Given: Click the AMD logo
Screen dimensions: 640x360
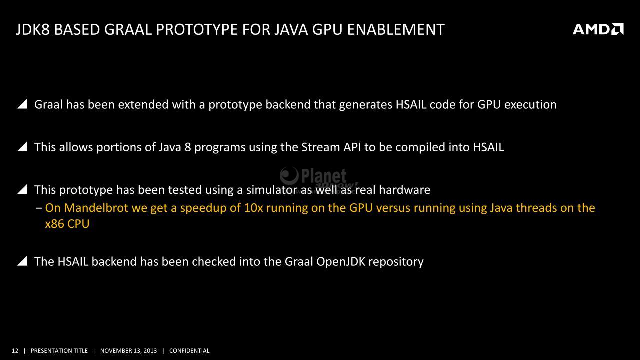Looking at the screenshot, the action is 598,29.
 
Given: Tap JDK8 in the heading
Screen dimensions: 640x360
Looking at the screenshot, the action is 33,29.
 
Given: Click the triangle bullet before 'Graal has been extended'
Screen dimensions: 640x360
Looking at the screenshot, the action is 22,104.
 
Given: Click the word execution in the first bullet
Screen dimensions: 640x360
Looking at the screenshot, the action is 530,104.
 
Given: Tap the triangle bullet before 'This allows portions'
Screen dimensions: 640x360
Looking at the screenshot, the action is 22,147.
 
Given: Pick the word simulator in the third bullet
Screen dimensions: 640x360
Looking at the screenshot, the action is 272,190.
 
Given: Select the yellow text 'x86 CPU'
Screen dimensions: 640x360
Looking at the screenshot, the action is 67,224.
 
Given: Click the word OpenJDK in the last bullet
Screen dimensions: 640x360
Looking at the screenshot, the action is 341,262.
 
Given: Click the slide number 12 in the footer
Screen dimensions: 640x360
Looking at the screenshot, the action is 15,351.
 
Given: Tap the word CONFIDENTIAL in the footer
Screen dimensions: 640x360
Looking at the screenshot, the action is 189,351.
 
